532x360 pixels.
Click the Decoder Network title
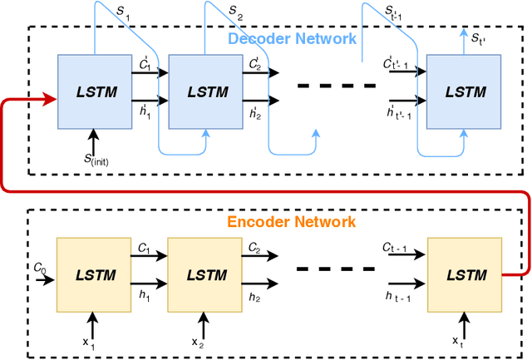click(x=293, y=39)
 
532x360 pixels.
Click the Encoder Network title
click(x=293, y=222)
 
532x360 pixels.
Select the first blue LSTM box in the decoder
click(x=94, y=92)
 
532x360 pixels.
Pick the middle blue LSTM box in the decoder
click(x=204, y=92)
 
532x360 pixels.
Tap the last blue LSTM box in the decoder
click(x=463, y=92)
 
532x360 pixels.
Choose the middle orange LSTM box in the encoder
click(x=204, y=274)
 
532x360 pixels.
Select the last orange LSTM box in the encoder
click(x=463, y=274)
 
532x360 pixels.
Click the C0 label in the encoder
click(x=39, y=267)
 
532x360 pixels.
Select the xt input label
click(x=458, y=342)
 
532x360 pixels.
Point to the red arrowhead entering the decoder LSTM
click(x=51, y=99)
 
